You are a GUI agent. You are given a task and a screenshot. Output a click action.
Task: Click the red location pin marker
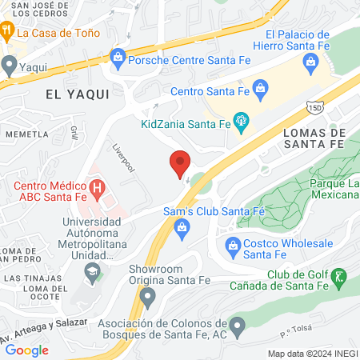point(180,164)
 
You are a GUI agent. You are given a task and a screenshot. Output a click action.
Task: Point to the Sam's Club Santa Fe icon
point(182,230)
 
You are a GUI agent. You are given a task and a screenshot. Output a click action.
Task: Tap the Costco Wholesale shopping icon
point(233,244)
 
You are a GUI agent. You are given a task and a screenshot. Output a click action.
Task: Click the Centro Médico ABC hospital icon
point(98,189)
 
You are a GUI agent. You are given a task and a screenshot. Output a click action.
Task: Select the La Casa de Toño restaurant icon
point(7,33)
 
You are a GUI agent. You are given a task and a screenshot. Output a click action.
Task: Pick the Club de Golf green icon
point(338,278)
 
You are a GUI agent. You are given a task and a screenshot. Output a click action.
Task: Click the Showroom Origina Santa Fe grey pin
point(147,297)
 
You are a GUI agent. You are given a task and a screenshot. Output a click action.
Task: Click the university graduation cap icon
point(92,274)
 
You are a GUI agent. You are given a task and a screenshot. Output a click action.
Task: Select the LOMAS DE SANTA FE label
point(313,138)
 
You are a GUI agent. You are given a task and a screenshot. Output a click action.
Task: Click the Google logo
point(26,350)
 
